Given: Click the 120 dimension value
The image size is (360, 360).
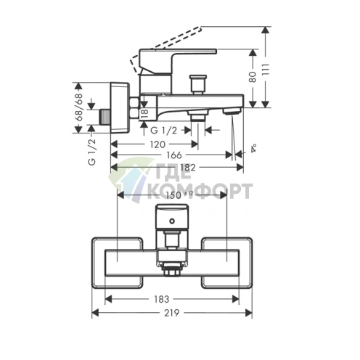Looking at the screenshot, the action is (157, 144).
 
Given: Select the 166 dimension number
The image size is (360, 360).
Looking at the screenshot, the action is (174, 155).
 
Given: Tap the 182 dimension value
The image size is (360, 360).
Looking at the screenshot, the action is (188, 167).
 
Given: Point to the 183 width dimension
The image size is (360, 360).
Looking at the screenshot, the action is (161, 299).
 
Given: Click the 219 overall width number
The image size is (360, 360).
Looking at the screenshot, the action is (172, 313).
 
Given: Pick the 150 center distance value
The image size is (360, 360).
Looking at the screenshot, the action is (177, 195).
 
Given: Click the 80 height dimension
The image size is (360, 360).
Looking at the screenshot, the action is (253, 77).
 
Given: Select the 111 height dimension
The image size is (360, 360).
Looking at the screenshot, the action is (266, 70).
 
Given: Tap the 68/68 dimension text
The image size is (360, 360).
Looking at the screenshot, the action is (78, 107).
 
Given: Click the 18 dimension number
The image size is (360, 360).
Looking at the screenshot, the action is (144, 113).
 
